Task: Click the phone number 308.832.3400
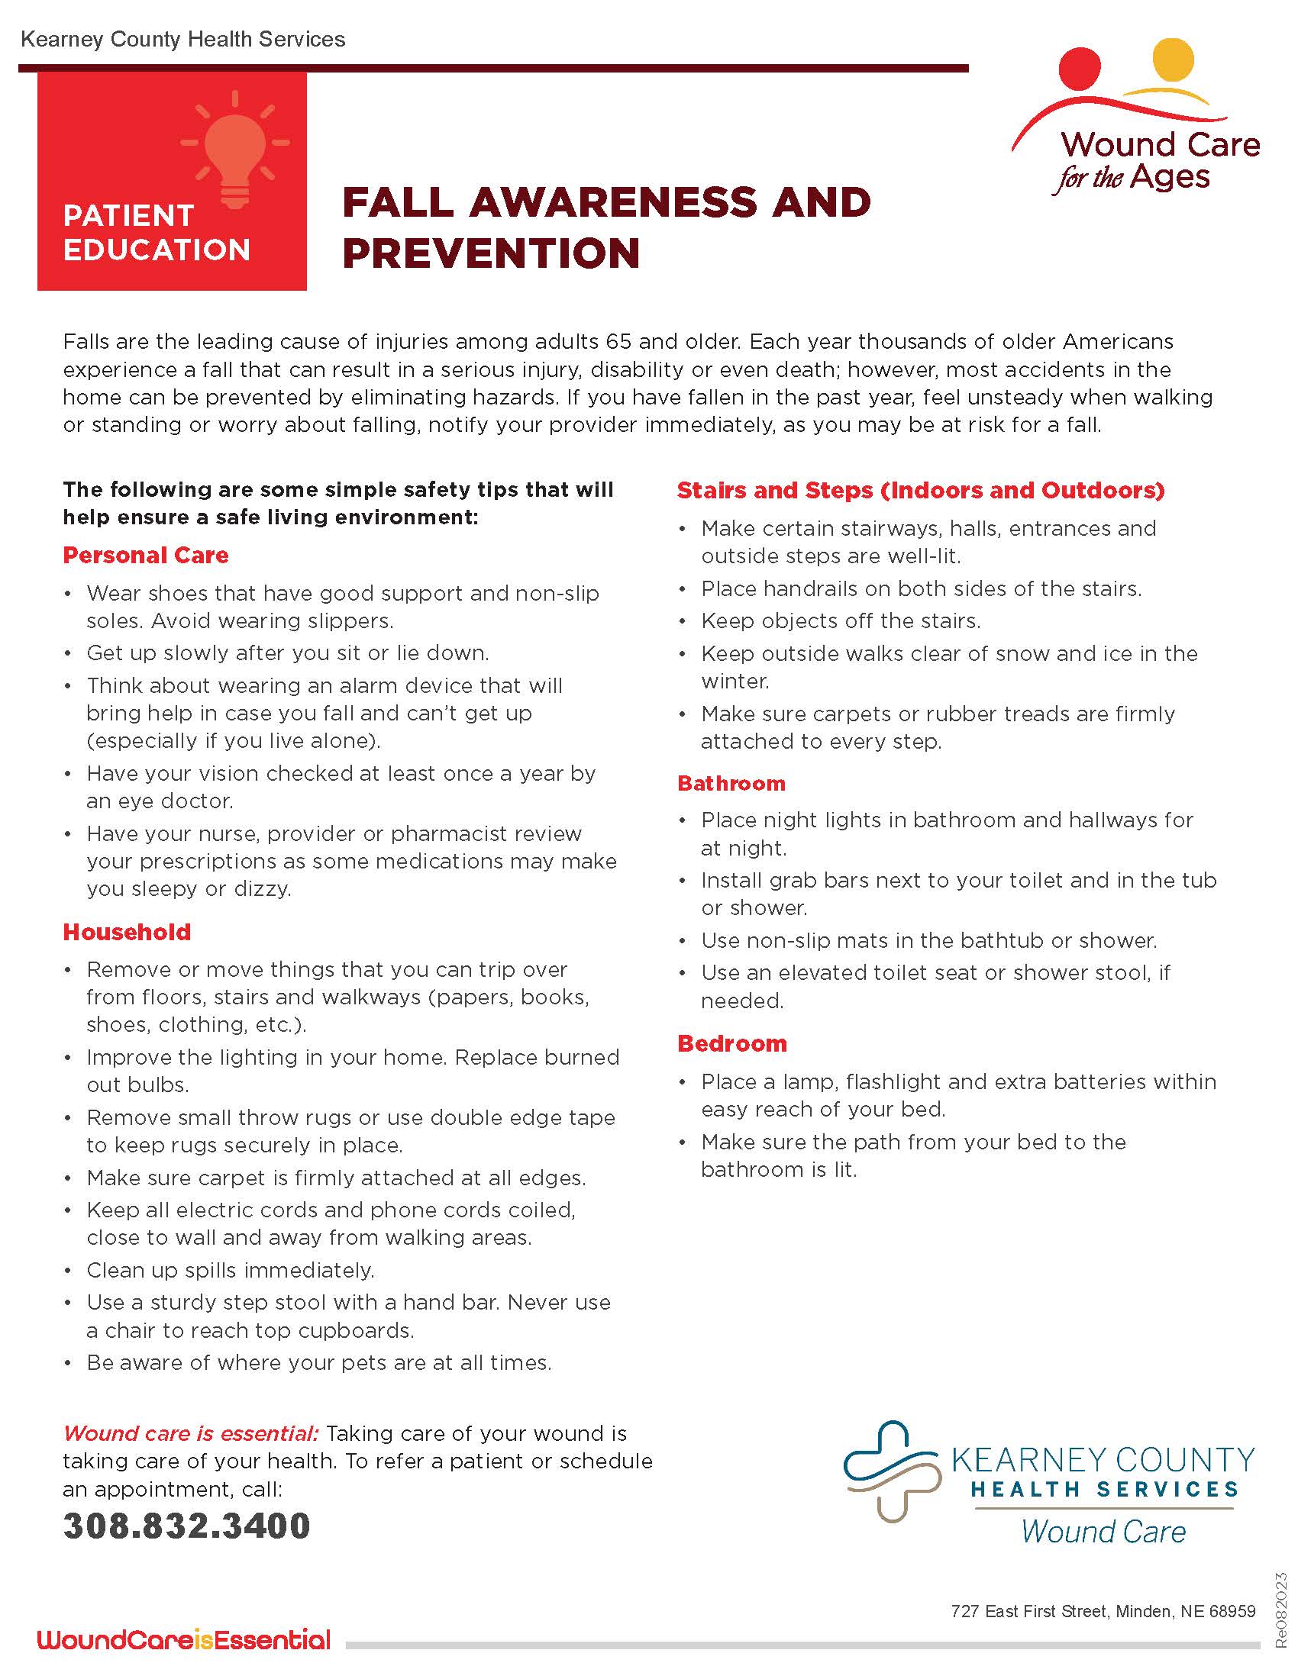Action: (186, 1526)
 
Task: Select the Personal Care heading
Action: (146, 555)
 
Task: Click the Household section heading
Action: (127, 932)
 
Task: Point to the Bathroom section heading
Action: (731, 783)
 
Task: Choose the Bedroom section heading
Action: (732, 1043)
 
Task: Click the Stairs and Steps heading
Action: (921, 490)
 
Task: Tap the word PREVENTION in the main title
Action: (491, 253)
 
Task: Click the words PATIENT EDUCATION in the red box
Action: (156, 232)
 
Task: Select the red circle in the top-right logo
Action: (1080, 69)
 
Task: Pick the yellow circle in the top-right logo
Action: (1174, 59)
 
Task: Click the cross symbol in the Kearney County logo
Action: (893, 1471)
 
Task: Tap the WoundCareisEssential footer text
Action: (184, 1640)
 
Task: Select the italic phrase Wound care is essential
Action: (191, 1433)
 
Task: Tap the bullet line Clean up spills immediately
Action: (231, 1270)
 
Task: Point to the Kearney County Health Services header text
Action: (183, 39)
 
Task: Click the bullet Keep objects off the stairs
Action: (841, 620)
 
